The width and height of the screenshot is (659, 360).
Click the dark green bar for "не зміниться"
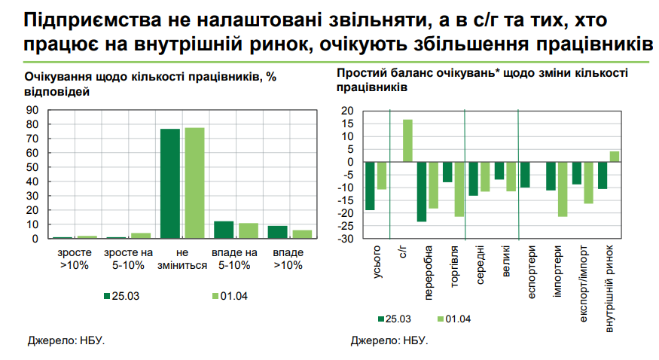(x=170, y=184)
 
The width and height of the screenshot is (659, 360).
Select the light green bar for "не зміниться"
(x=194, y=183)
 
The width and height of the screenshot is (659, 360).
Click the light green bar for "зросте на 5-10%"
(x=141, y=236)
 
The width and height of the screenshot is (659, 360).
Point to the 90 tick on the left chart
(x=33, y=110)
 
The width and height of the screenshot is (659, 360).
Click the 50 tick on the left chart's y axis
(x=33, y=167)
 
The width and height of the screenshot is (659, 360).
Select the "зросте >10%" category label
(x=74, y=259)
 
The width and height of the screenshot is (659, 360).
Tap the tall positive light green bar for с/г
(x=407, y=141)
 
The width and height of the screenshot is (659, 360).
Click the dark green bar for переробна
(x=421, y=191)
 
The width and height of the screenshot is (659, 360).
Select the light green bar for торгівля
(x=459, y=189)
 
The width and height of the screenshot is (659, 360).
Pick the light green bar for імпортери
(x=562, y=189)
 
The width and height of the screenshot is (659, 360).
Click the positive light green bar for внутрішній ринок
(x=614, y=157)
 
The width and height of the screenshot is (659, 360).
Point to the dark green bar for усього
(x=370, y=186)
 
